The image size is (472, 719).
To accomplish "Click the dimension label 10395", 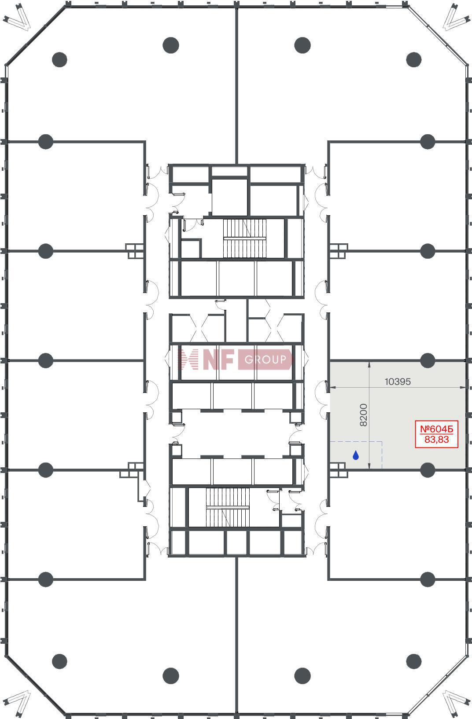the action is [x=398, y=382].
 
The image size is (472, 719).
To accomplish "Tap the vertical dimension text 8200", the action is [x=363, y=415].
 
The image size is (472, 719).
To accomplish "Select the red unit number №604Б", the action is [x=436, y=429].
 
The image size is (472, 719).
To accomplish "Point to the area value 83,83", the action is [x=436, y=440].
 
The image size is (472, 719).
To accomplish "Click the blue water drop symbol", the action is [x=355, y=455].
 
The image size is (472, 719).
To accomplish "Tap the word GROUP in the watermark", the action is [x=265, y=359].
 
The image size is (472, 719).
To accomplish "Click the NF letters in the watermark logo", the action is [x=218, y=359].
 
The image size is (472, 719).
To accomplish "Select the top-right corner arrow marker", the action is [x=455, y=18].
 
